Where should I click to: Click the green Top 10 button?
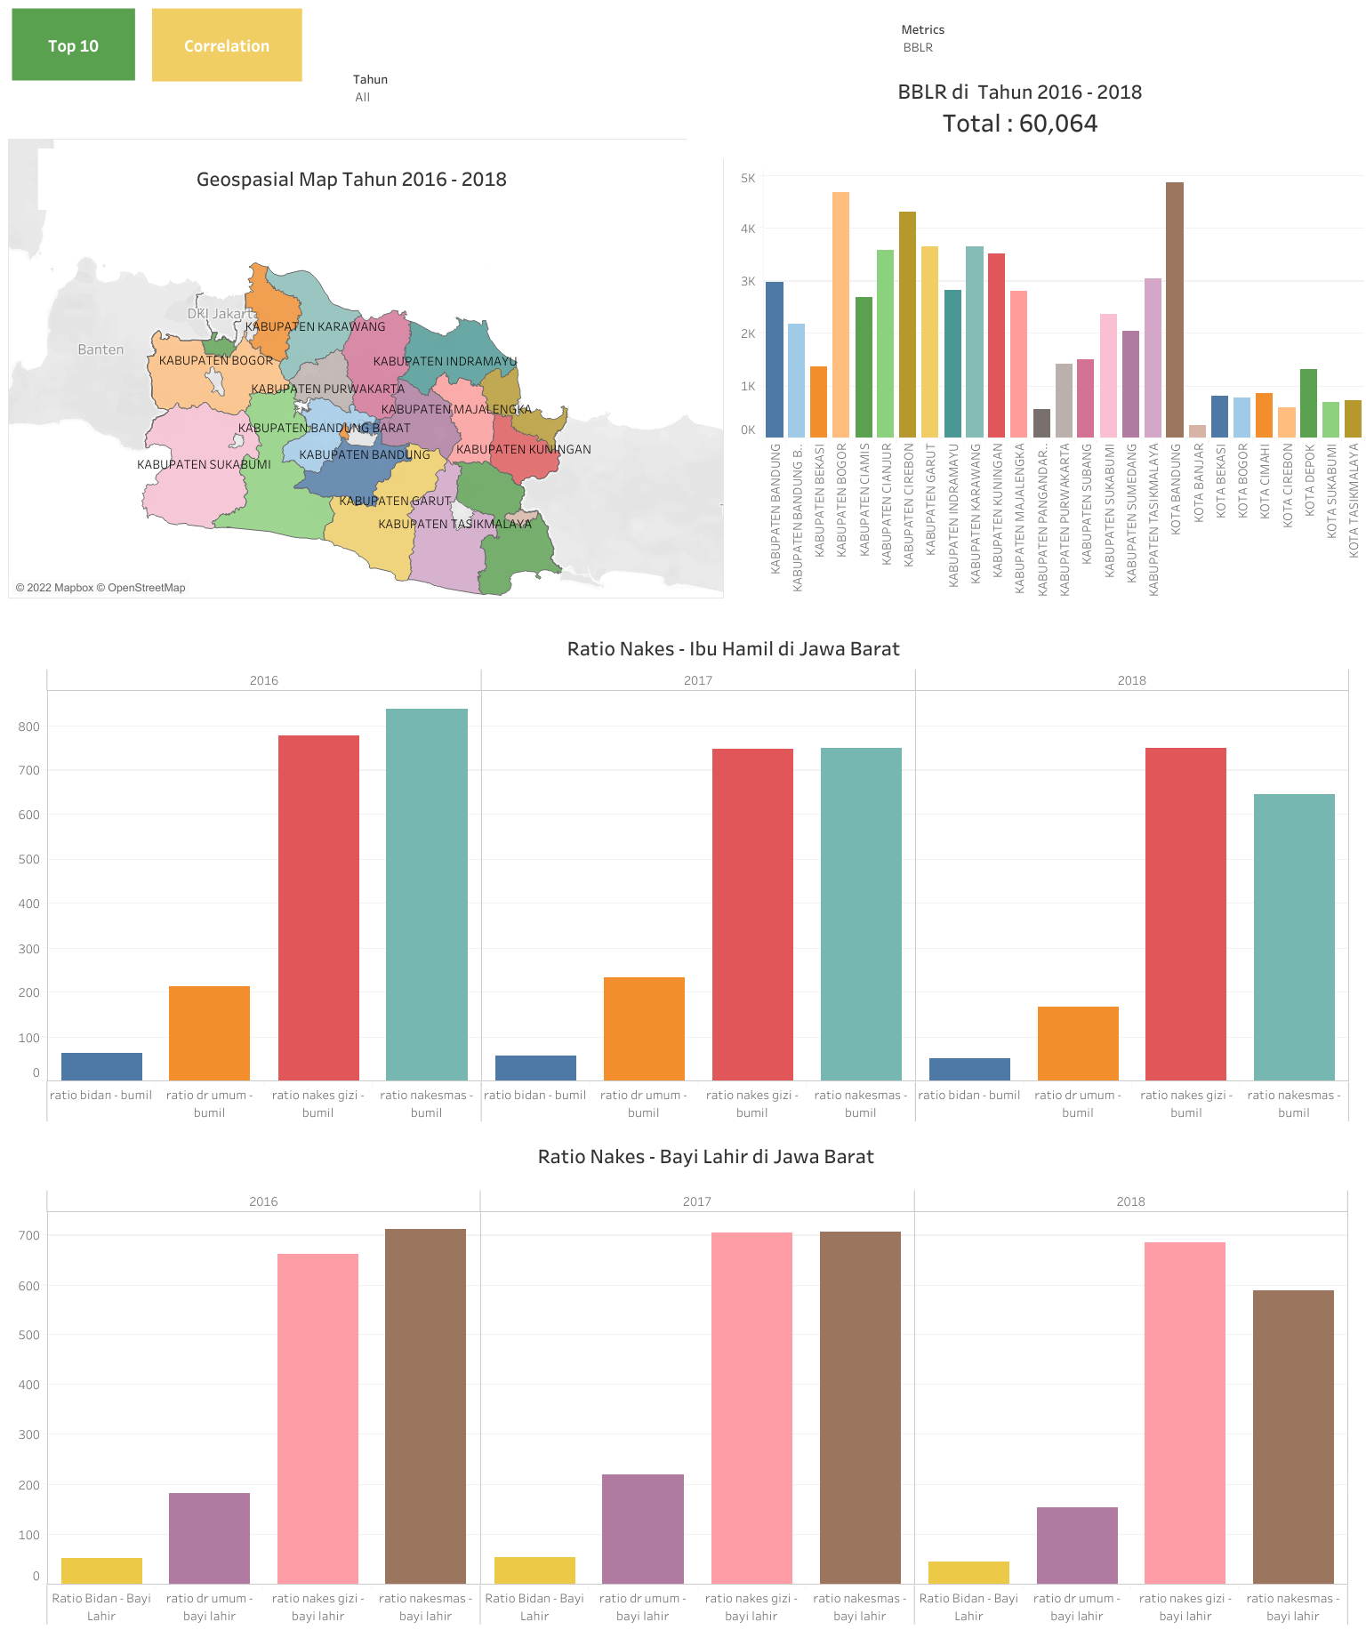[73, 45]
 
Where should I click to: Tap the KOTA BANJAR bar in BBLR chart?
[1197, 431]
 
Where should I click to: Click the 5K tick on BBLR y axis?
[748, 178]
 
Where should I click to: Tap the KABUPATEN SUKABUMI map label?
[204, 464]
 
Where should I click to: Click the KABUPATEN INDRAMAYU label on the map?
[445, 361]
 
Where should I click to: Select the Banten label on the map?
[100, 349]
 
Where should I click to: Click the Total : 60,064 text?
[1019, 124]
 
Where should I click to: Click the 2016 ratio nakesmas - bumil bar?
[426, 894]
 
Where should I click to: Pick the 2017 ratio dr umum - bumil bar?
[644, 1029]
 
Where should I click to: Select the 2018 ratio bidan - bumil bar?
[969, 1069]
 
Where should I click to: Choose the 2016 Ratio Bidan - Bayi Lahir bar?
[101, 1570]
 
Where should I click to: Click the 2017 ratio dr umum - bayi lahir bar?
[642, 1529]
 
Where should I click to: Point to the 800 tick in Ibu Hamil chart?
[29, 727]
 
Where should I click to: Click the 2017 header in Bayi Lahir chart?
[696, 1201]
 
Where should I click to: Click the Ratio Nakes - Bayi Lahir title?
[705, 1157]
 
